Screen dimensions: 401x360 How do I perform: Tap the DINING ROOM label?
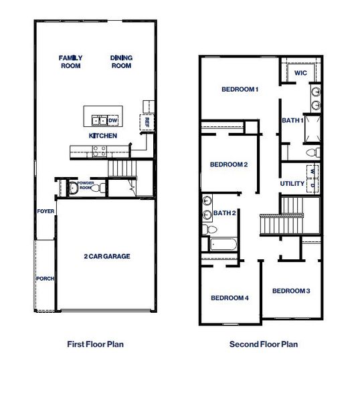click(x=121, y=61)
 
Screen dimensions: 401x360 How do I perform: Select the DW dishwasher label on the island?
click(x=112, y=120)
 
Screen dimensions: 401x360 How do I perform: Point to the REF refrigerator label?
click(x=143, y=122)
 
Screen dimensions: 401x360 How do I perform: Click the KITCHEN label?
click(x=103, y=136)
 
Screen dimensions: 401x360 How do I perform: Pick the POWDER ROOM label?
click(x=86, y=184)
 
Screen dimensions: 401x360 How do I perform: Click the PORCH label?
click(x=45, y=279)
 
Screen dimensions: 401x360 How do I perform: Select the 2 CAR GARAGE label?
click(x=106, y=256)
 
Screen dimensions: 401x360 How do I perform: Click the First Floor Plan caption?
click(x=96, y=344)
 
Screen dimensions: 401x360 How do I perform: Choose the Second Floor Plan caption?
click(x=264, y=344)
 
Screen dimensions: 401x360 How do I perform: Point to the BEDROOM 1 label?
click(x=240, y=89)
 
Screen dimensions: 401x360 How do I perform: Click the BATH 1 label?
click(x=292, y=120)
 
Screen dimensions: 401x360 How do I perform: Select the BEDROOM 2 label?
click(x=229, y=164)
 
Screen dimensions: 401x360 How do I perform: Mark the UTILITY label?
click(x=292, y=183)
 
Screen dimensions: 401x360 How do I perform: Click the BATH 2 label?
click(x=224, y=213)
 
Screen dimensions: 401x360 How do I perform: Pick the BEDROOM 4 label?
click(x=230, y=298)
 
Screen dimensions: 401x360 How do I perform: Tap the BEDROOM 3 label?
click(x=291, y=291)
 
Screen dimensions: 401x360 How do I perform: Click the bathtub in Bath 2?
click(x=225, y=244)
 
